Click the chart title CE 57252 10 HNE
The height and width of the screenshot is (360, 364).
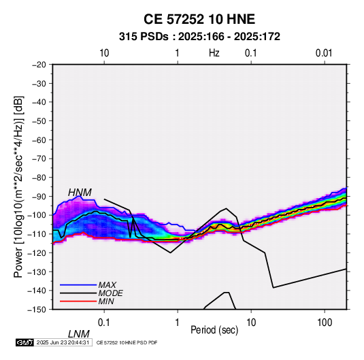[199, 19]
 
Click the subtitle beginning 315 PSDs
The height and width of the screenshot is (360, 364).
[199, 37]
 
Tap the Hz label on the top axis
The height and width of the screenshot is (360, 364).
[214, 53]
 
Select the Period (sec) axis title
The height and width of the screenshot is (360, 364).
[214, 330]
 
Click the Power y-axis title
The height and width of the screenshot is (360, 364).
[18, 187]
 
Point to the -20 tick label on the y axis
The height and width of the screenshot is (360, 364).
[39, 65]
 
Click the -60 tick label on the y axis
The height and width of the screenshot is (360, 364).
[39, 140]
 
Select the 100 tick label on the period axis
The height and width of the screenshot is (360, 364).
[325, 323]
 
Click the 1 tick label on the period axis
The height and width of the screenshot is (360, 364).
[177, 323]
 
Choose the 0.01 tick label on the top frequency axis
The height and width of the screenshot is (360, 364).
[324, 53]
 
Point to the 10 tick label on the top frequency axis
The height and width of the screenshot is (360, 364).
[104, 53]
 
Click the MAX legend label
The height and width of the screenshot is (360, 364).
[107, 285]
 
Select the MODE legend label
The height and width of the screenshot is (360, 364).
[110, 293]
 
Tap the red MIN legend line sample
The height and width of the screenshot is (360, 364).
[78, 301]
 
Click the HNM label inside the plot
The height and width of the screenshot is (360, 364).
[80, 193]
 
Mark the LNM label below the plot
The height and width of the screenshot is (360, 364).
[78, 334]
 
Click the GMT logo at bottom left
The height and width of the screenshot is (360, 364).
[24, 342]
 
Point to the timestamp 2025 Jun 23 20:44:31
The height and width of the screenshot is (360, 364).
[63, 342]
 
